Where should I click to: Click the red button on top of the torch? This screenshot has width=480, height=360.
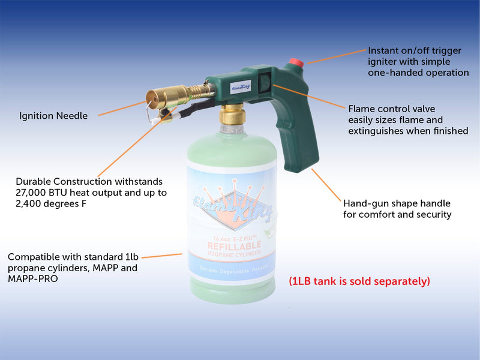[296, 63]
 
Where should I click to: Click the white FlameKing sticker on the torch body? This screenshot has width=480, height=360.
[241, 86]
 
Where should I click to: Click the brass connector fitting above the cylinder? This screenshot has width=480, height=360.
[232, 115]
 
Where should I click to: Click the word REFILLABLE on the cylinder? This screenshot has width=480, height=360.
[234, 245]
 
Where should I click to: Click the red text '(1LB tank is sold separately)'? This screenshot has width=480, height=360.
[359, 281]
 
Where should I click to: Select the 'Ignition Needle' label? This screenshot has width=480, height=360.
[53, 116]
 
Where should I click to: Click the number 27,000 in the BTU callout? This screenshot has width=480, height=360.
[30, 193]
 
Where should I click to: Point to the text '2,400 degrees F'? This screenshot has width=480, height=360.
[51, 203]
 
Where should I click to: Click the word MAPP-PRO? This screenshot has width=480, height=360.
[33, 278]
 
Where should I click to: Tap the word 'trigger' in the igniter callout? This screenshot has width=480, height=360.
[446, 51]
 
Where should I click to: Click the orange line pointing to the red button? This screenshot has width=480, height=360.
[337, 56]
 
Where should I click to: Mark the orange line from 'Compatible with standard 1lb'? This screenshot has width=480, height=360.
[162, 256]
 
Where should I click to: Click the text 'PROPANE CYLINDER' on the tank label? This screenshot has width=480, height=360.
[234, 253]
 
